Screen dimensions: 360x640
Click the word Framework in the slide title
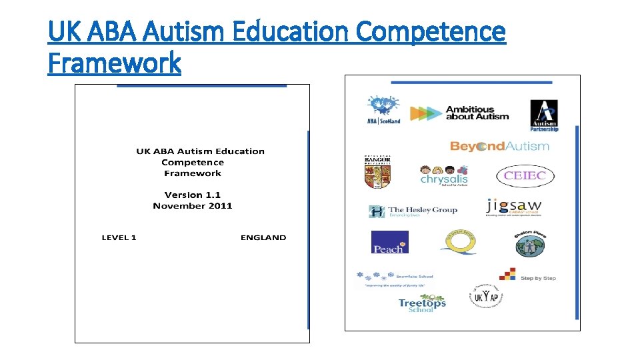[x=114, y=63]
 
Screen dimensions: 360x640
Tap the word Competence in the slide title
[x=431, y=31]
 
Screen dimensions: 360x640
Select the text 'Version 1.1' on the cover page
[x=192, y=195]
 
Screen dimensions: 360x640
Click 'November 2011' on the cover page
[x=192, y=206]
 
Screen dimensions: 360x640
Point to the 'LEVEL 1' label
[x=119, y=238]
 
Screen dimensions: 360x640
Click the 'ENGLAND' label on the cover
[x=263, y=238]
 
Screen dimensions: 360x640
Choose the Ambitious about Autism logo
[x=459, y=113]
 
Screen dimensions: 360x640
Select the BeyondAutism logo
[x=499, y=146]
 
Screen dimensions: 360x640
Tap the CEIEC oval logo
[x=525, y=176]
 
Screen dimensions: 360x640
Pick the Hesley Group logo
[x=413, y=211]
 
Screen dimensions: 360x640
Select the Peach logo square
[x=389, y=242]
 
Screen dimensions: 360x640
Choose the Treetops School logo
[x=422, y=305]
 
